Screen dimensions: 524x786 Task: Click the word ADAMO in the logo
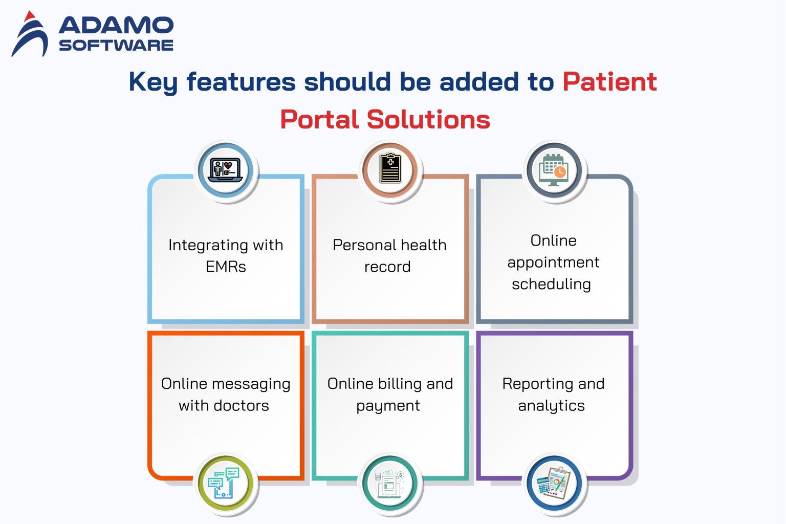(x=116, y=25)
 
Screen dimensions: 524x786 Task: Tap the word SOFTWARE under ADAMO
(x=116, y=45)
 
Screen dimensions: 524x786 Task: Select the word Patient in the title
(x=609, y=82)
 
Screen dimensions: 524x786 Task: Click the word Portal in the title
(x=319, y=120)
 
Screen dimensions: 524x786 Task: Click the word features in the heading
(x=241, y=82)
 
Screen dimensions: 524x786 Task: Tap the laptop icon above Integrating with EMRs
(x=226, y=170)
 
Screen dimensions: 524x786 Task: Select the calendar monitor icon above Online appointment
(x=554, y=170)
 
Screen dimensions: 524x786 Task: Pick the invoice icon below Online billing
(x=390, y=484)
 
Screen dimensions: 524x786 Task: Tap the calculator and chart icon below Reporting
(x=554, y=484)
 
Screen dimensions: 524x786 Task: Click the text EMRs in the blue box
(x=226, y=267)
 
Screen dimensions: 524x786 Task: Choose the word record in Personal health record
(x=387, y=267)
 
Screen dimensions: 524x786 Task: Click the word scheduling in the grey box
(x=551, y=284)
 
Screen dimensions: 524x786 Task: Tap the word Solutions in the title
(x=428, y=120)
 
